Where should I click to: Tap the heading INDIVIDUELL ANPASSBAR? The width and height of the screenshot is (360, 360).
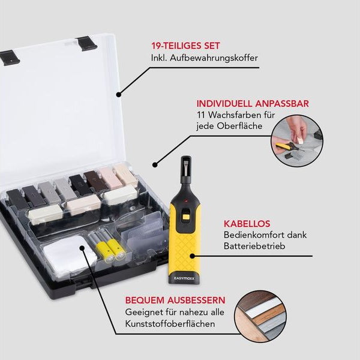[x=252, y=103]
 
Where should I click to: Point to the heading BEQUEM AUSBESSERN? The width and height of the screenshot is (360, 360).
[x=175, y=299]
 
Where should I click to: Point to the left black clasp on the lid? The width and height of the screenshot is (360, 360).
[x=10, y=57]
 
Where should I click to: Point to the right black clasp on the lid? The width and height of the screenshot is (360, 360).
[x=87, y=41]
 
